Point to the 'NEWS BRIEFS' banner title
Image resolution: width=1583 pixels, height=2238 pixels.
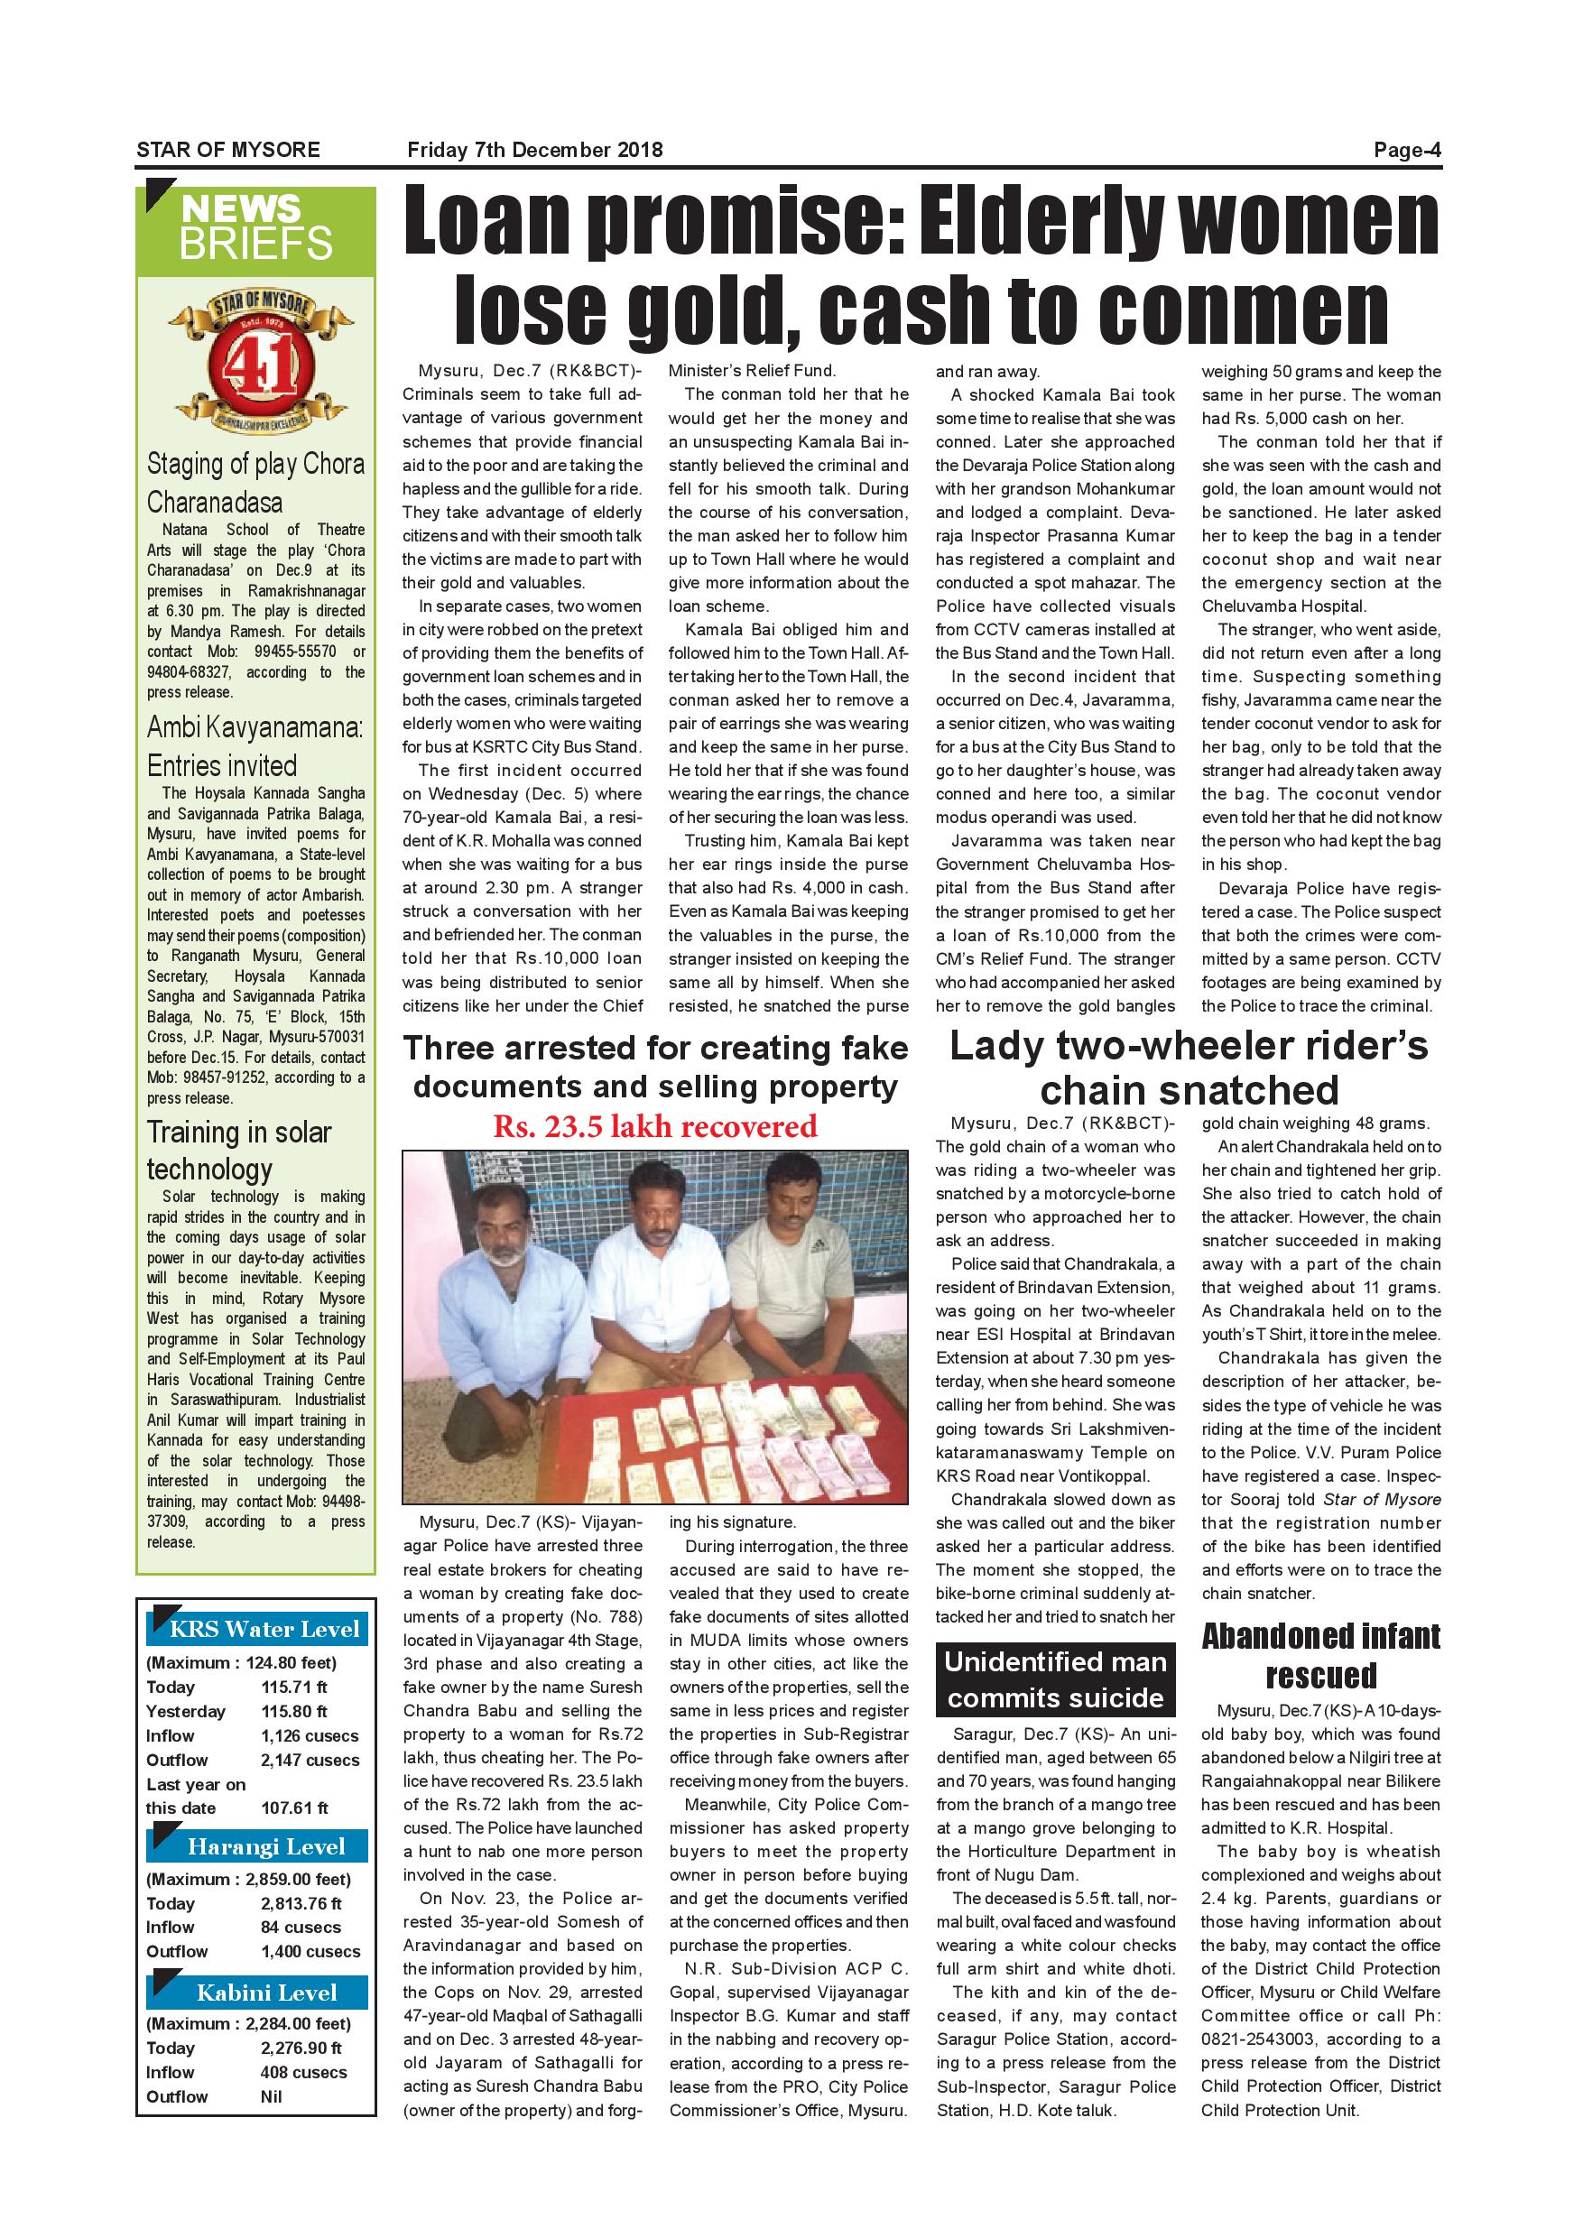point(255,227)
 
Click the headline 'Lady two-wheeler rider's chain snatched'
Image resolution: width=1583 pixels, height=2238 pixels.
point(1189,1068)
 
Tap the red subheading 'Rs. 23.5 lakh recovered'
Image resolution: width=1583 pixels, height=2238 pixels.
point(655,1126)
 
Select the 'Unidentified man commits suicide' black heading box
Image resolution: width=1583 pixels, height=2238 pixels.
point(1056,1679)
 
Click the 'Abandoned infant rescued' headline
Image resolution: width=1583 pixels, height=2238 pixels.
point(1320,1655)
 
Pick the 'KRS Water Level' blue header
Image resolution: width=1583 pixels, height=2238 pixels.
point(257,1629)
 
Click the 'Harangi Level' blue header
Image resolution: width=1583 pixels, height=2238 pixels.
point(257,1846)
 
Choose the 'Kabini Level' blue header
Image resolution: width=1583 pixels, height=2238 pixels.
point(257,1993)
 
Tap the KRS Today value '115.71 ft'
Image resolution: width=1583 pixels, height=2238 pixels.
point(293,1688)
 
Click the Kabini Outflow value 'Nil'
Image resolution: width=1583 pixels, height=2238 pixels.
point(271,2096)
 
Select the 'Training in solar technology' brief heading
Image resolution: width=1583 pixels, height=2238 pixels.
point(240,1151)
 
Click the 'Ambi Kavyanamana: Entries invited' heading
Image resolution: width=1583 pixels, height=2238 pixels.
point(254,745)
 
